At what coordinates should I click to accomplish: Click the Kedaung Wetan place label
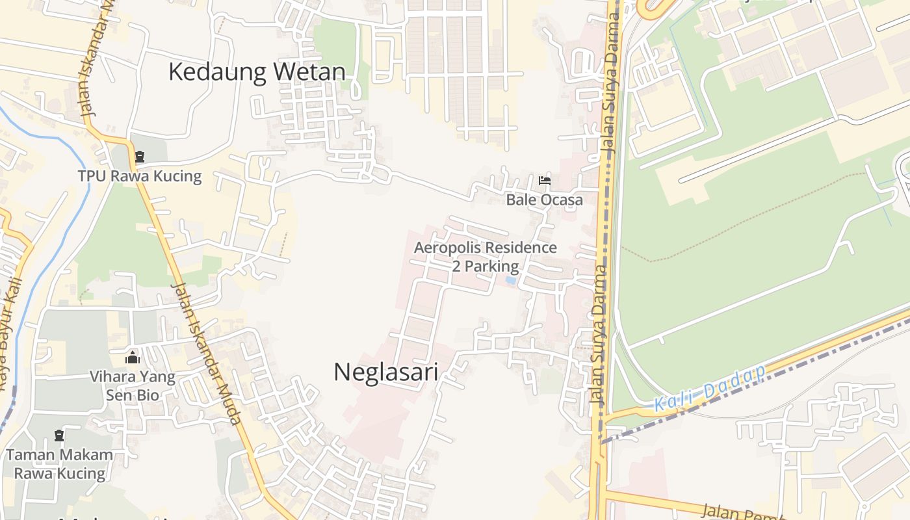[257, 71]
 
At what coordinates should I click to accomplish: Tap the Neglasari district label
[385, 372]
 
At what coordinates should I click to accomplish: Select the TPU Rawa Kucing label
[140, 176]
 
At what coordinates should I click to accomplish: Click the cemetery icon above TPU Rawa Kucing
[140, 157]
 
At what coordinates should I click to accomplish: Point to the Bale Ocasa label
[545, 200]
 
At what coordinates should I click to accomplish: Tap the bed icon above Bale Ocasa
[545, 180]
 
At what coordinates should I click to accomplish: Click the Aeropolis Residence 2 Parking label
[486, 257]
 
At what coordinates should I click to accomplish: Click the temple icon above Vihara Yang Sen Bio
[133, 357]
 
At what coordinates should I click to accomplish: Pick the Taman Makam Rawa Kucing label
[60, 464]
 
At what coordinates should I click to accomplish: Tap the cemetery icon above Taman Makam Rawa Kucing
[59, 435]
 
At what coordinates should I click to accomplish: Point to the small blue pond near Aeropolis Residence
[511, 281]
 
